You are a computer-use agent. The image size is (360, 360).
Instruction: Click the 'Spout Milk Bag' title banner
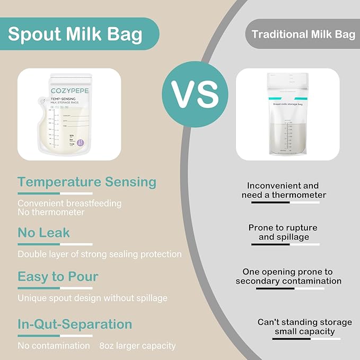(x=75, y=34)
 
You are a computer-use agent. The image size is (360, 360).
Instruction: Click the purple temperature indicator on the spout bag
(x=80, y=143)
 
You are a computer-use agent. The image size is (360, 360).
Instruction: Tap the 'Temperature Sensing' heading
(x=87, y=182)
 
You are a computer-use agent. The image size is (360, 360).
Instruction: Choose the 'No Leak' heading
(x=43, y=232)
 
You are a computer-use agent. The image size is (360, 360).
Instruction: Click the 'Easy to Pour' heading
(x=58, y=277)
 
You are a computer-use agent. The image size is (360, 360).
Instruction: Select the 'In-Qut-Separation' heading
(x=75, y=324)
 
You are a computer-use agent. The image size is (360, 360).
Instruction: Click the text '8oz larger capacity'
(x=137, y=346)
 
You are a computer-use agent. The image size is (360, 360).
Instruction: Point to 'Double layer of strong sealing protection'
(x=100, y=254)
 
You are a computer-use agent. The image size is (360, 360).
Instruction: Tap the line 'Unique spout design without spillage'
(x=92, y=298)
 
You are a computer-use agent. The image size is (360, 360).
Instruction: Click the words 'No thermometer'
(x=51, y=212)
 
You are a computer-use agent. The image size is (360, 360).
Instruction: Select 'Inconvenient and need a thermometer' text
(x=287, y=190)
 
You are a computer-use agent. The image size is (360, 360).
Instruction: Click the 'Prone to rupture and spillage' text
(x=284, y=232)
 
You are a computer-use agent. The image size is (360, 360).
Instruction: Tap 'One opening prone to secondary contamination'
(x=288, y=276)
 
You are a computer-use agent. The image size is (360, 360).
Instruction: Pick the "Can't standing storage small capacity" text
(x=304, y=327)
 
